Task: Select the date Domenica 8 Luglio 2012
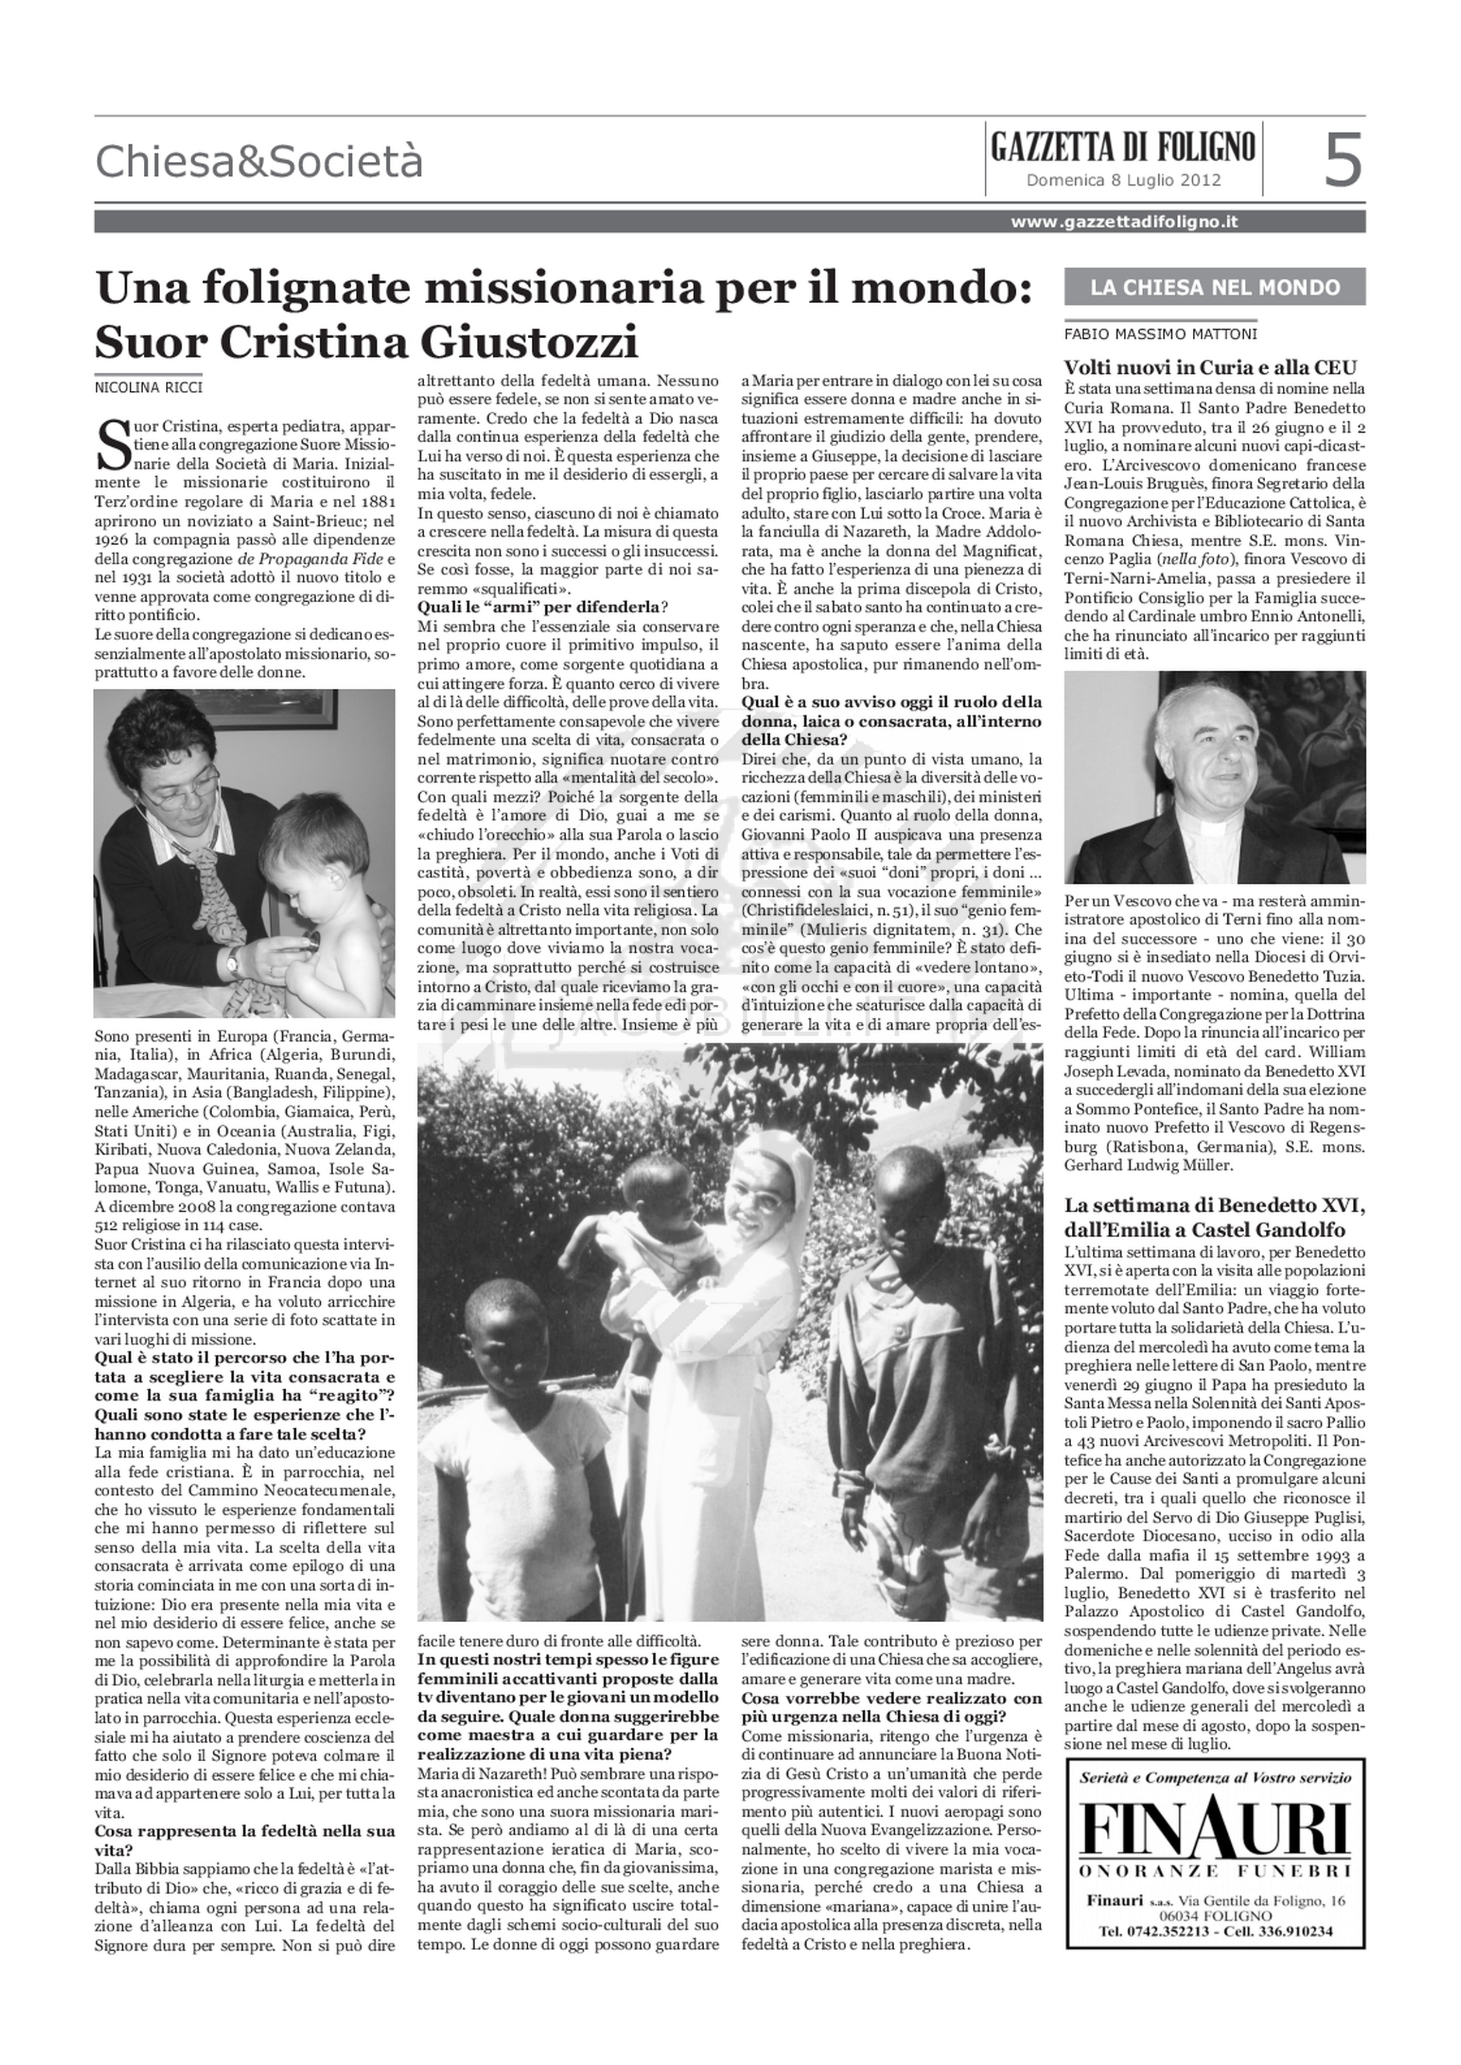pos(1124,180)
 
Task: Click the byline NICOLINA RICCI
pos(148,388)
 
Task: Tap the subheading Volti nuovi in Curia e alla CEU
pos(1210,367)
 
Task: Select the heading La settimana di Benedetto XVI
pos(1214,1206)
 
